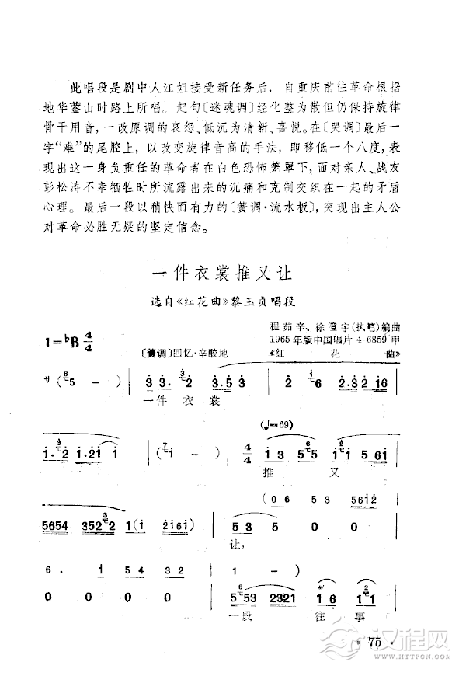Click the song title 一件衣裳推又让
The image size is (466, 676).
tap(221, 273)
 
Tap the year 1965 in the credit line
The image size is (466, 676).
tap(280, 340)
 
